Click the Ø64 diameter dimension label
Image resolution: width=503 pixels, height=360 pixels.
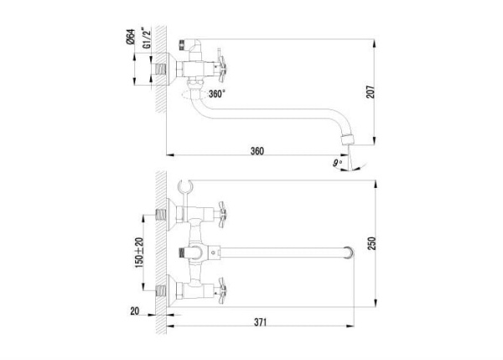pyautogui.click(x=132, y=39)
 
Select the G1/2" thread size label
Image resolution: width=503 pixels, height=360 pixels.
pyautogui.click(x=146, y=39)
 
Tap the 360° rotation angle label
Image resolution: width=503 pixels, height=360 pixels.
pyautogui.click(x=217, y=95)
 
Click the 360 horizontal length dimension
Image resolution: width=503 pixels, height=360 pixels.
pyautogui.click(x=257, y=151)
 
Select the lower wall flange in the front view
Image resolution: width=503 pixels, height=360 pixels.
pyautogui.click(x=176, y=287)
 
